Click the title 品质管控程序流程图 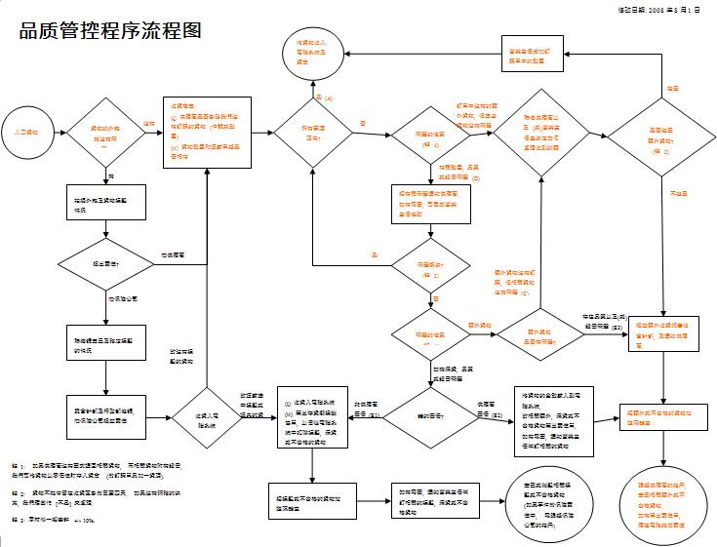click(x=110, y=30)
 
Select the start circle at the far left click(x=25, y=130)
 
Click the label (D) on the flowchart click(x=476, y=180)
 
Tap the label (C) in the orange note click(x=525, y=293)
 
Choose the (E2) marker click(x=497, y=416)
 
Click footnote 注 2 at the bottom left click(x=17, y=494)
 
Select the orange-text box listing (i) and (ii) click(x=207, y=132)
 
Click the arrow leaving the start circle click(x=56, y=131)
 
